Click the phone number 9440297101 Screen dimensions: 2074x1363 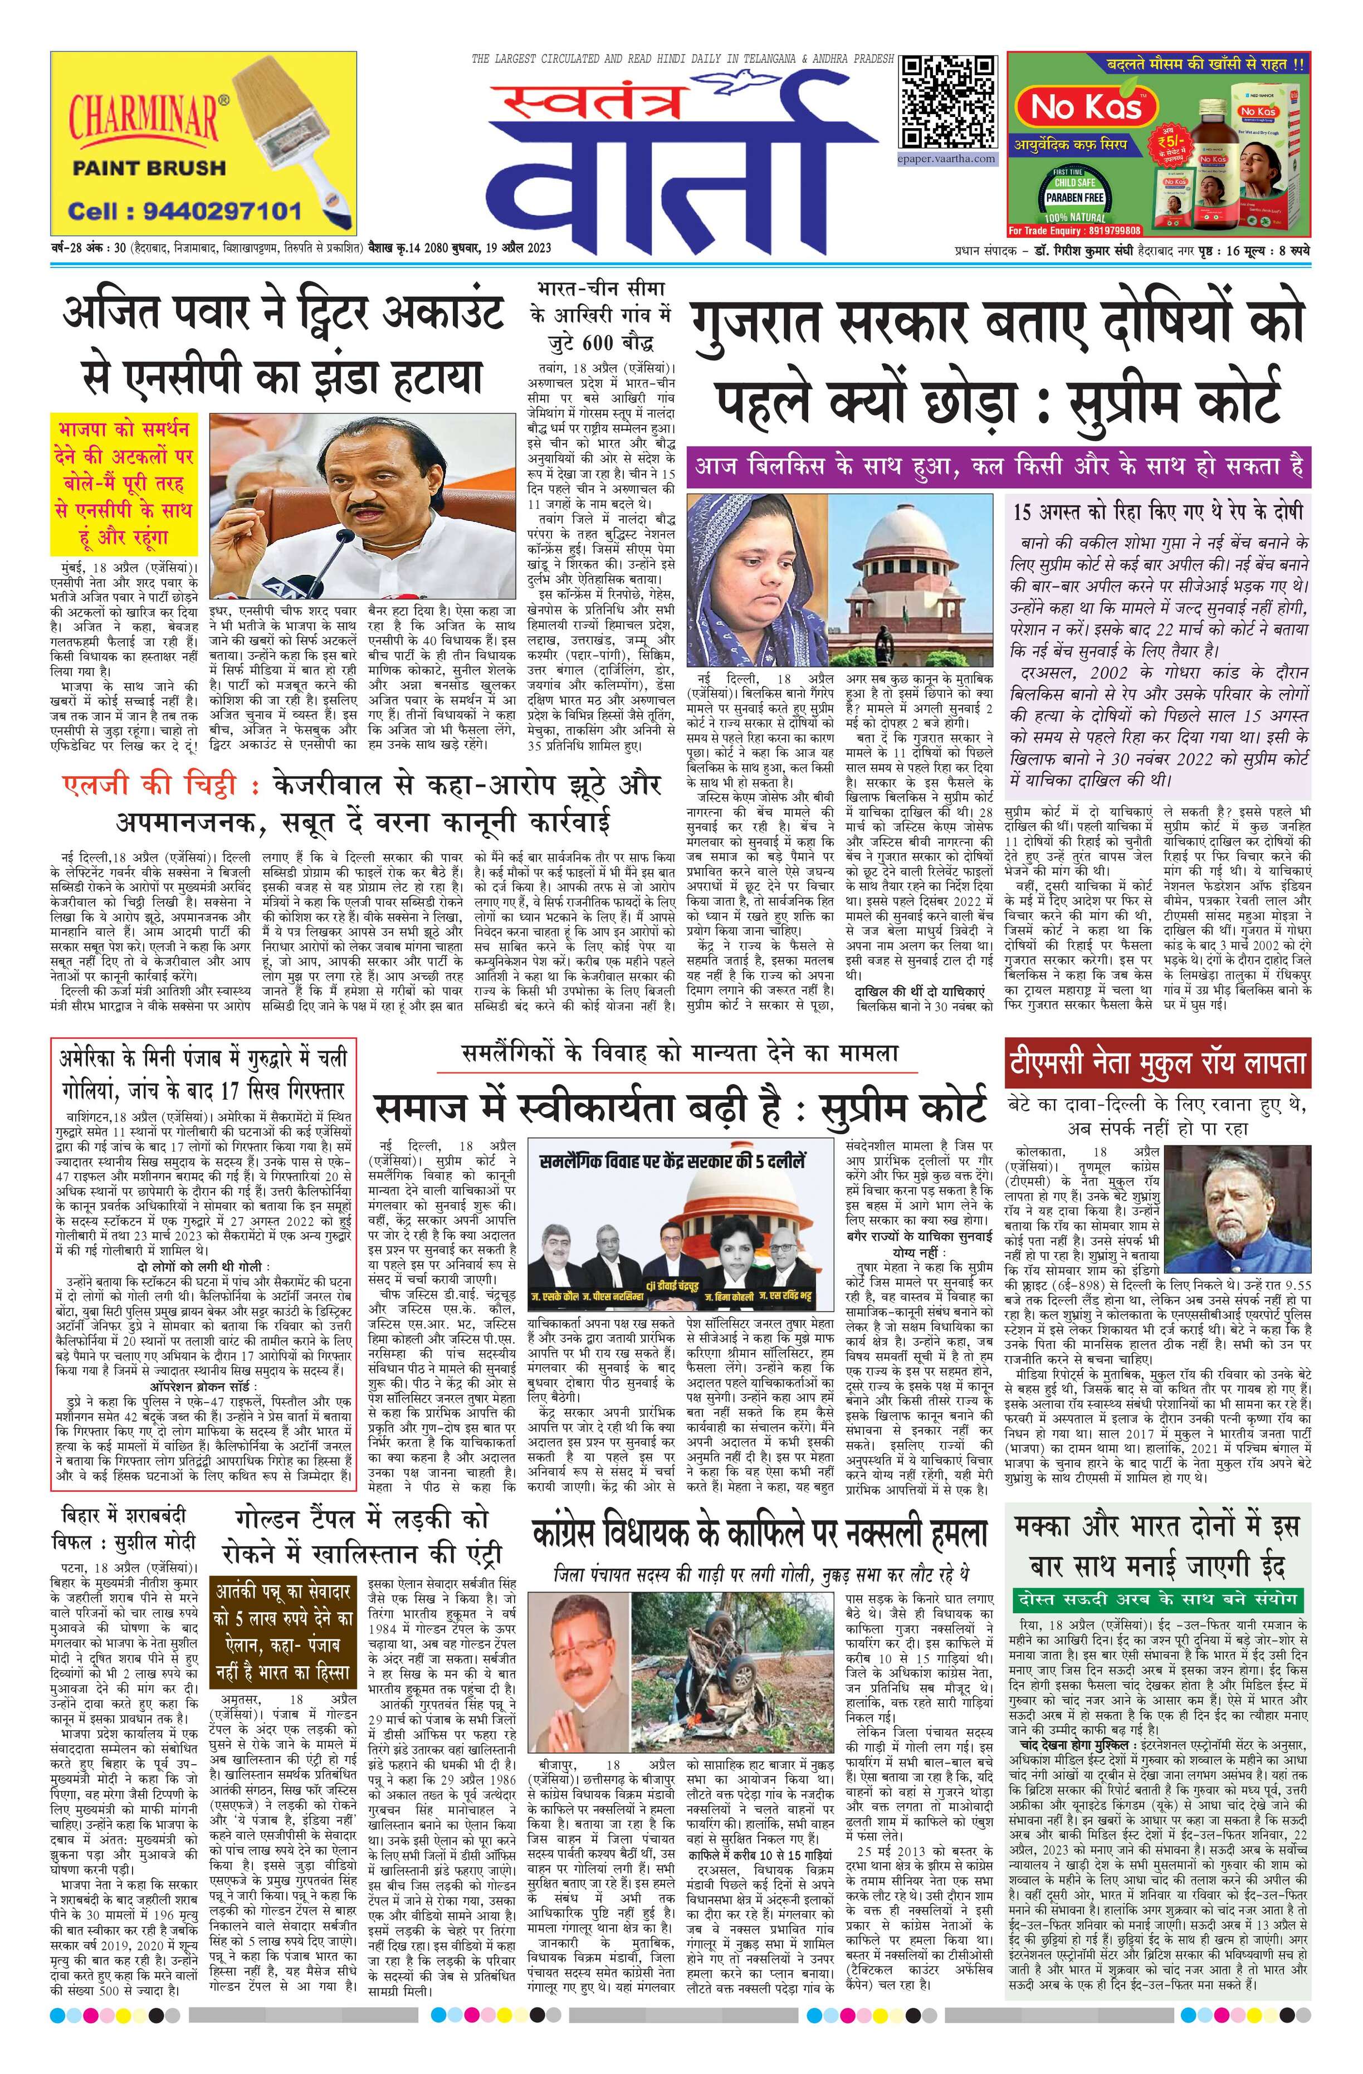pos(185,211)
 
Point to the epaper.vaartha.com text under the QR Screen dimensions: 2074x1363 pos(947,159)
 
